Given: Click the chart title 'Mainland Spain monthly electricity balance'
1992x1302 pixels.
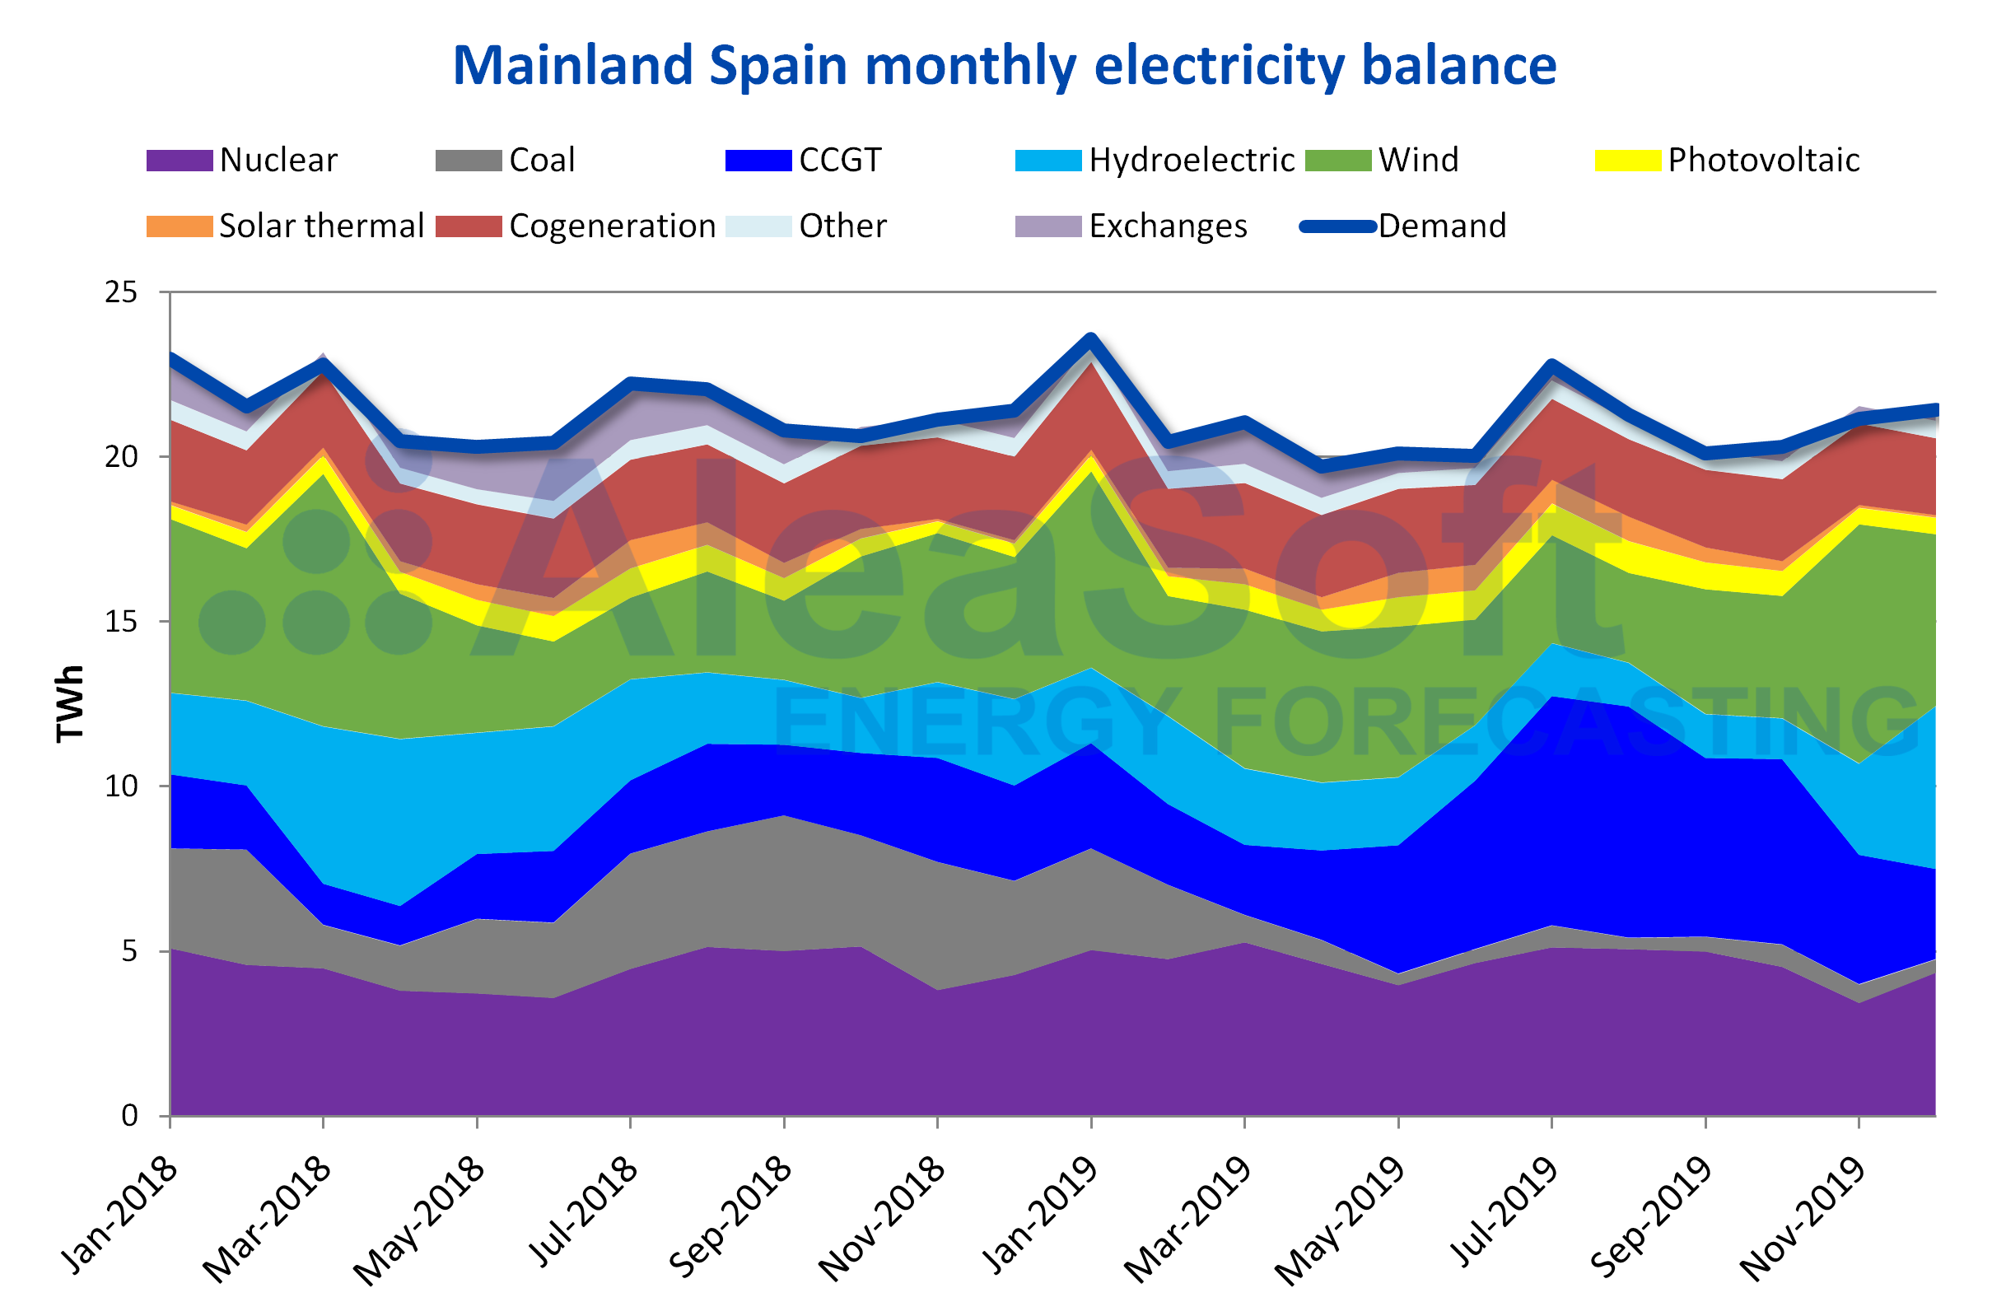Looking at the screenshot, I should pos(1004,65).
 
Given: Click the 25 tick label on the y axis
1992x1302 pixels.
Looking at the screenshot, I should pos(120,292).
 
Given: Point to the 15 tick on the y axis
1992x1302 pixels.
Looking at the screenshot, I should pos(120,622).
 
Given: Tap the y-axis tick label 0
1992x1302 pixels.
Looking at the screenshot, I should pos(129,1115).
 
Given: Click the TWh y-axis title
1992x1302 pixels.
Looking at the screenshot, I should pos(70,704).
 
